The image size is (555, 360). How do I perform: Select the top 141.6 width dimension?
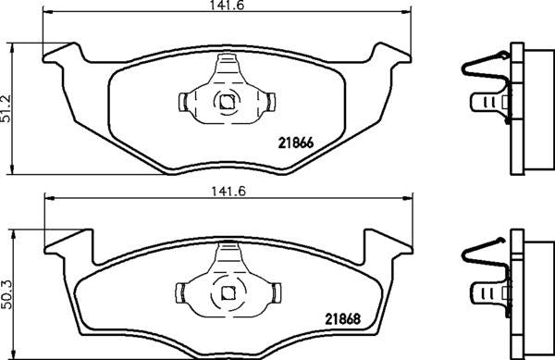pos(225,6)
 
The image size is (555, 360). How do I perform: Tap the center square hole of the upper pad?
pos(225,103)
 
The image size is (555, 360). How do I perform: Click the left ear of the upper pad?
pos(64,55)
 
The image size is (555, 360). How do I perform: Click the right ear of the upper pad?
pos(388,55)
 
